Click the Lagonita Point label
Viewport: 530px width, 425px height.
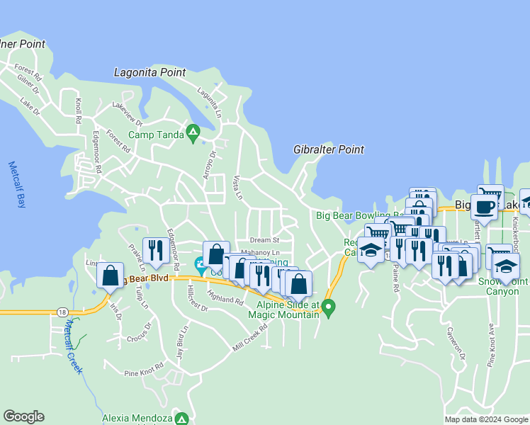point(150,72)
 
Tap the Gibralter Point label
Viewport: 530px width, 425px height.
point(329,149)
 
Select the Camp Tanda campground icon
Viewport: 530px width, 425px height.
point(192,133)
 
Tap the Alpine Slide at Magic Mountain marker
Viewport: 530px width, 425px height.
point(328,307)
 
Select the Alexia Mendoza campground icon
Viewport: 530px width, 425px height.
point(182,419)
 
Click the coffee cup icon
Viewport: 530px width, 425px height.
point(485,207)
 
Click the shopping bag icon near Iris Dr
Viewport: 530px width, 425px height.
point(111,276)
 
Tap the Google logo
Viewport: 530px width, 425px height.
point(23,416)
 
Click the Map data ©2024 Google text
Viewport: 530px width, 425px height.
point(486,419)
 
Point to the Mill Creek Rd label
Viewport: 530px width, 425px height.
point(249,338)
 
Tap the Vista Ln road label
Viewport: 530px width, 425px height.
point(238,187)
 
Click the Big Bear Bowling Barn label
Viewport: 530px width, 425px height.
point(354,215)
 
